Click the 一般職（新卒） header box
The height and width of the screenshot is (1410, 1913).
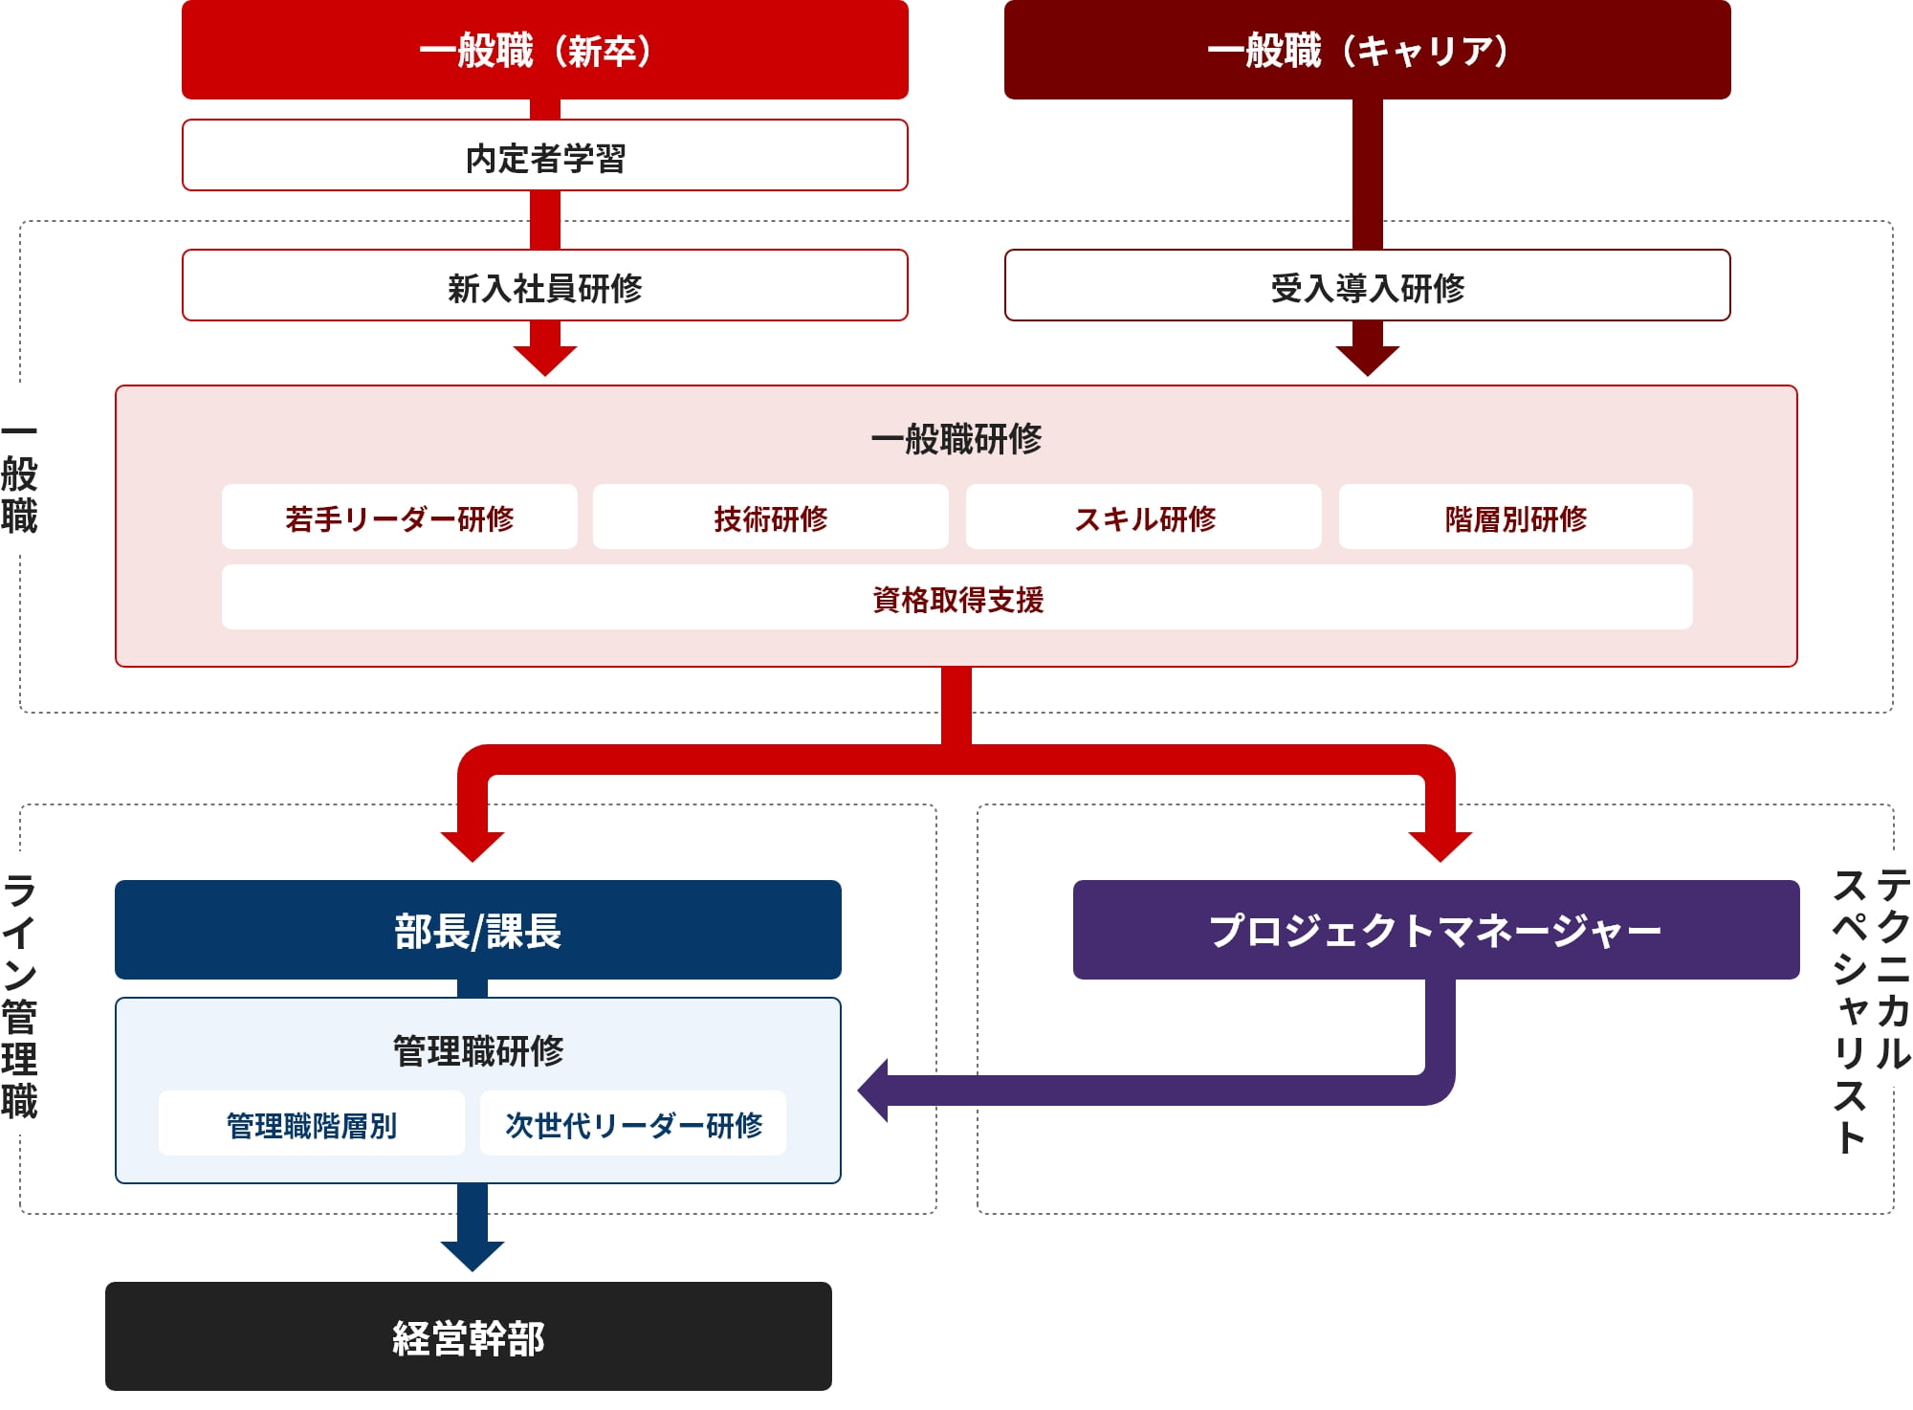point(544,50)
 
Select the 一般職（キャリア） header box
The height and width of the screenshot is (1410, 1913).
point(1367,50)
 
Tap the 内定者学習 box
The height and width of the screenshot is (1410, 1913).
point(544,156)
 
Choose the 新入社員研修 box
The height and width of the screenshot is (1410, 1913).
point(544,286)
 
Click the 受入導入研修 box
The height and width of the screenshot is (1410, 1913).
point(1367,286)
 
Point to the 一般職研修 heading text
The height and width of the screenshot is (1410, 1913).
point(956,439)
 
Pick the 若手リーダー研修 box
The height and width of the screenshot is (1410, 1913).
point(399,518)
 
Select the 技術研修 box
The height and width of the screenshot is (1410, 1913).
point(770,518)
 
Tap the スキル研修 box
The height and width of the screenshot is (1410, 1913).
point(1143,518)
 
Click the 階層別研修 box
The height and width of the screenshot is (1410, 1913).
point(1515,518)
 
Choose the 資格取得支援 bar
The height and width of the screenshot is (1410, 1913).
point(956,598)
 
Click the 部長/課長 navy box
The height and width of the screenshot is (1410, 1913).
point(477,930)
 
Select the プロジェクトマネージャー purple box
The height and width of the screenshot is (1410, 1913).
point(1435,930)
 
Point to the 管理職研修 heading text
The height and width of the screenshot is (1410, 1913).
point(477,1050)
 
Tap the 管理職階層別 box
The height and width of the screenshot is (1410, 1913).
point(311,1124)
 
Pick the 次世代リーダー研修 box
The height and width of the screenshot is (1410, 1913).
point(632,1124)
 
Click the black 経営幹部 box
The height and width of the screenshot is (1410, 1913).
point(468,1336)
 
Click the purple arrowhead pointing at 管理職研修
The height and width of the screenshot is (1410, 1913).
point(873,1091)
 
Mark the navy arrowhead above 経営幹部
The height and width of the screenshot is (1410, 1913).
point(473,1255)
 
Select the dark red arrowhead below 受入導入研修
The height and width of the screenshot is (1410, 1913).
point(1367,360)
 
